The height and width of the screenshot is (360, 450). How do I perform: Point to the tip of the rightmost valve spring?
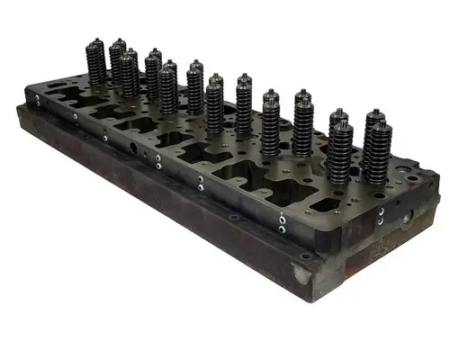click(x=375, y=114)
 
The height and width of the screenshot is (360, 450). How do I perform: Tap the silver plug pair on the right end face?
click(x=382, y=216)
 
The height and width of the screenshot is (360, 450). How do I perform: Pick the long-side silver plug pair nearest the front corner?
click(x=283, y=222)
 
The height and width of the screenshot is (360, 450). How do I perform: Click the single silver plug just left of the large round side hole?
click(x=106, y=136)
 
